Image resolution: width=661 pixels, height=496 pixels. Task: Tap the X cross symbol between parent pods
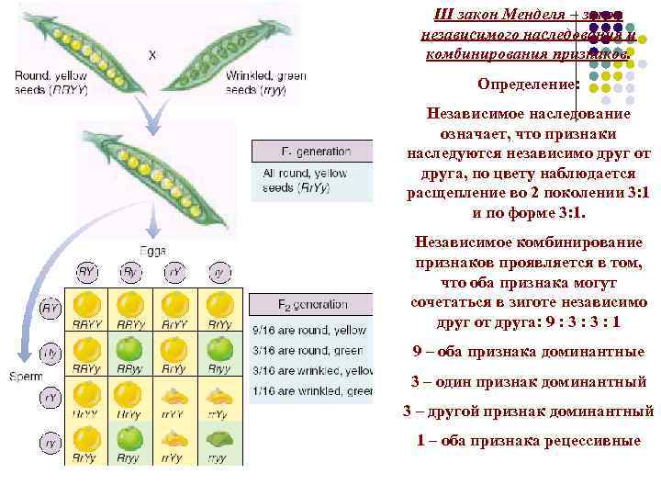pos(151,55)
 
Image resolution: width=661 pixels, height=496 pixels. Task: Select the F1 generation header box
pos(312,151)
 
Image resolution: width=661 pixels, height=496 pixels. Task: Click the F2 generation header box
pos(312,304)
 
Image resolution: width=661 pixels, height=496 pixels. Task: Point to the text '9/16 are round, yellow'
pos(308,330)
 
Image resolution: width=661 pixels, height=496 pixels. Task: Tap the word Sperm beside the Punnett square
pos(25,377)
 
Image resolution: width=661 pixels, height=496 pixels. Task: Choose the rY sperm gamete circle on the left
pos(51,398)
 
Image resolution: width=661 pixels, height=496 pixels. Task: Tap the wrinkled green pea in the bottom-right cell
pos(219,438)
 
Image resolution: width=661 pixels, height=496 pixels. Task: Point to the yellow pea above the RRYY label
pos(87,304)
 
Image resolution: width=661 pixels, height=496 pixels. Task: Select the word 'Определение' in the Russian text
pos(526,85)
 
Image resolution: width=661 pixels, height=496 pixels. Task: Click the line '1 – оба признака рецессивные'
pos(528,440)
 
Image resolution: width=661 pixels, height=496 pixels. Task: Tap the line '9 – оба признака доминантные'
pos(528,352)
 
